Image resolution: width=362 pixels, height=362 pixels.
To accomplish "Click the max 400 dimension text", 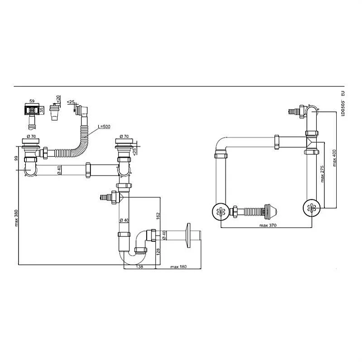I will point(334,158).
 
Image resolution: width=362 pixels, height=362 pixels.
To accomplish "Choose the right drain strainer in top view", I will point(312,208).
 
